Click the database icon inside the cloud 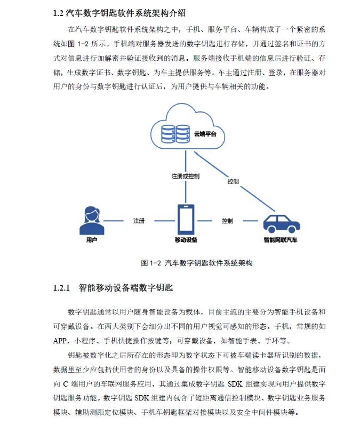pyautogui.click(x=175, y=133)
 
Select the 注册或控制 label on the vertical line pyautogui.click(x=185, y=176)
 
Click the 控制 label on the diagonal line pyautogui.click(x=233, y=181)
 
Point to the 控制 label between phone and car pyautogui.click(x=227, y=221)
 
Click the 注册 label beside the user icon pyautogui.click(x=139, y=221)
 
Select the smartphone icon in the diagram pyautogui.click(x=186, y=219)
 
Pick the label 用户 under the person pyautogui.click(x=91, y=240)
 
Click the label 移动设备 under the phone pyautogui.click(x=186, y=240)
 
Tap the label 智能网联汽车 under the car pyautogui.click(x=281, y=240)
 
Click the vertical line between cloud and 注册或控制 pyautogui.click(x=185, y=160)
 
